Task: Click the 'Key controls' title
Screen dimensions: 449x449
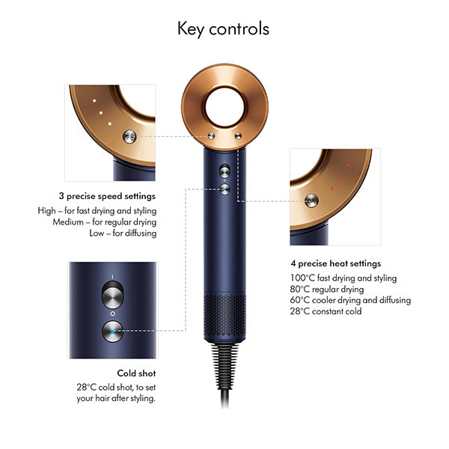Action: tap(223, 29)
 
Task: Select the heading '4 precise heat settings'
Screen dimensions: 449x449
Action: tap(336, 263)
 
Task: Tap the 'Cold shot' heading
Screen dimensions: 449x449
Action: tap(136, 372)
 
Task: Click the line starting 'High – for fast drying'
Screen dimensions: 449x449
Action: tap(97, 210)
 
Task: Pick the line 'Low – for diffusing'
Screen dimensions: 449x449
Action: tap(124, 233)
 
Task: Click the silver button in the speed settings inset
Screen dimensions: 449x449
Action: tap(130, 136)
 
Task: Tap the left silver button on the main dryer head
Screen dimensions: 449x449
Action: tap(211, 136)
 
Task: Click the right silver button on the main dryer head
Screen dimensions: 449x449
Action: tap(237, 136)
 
